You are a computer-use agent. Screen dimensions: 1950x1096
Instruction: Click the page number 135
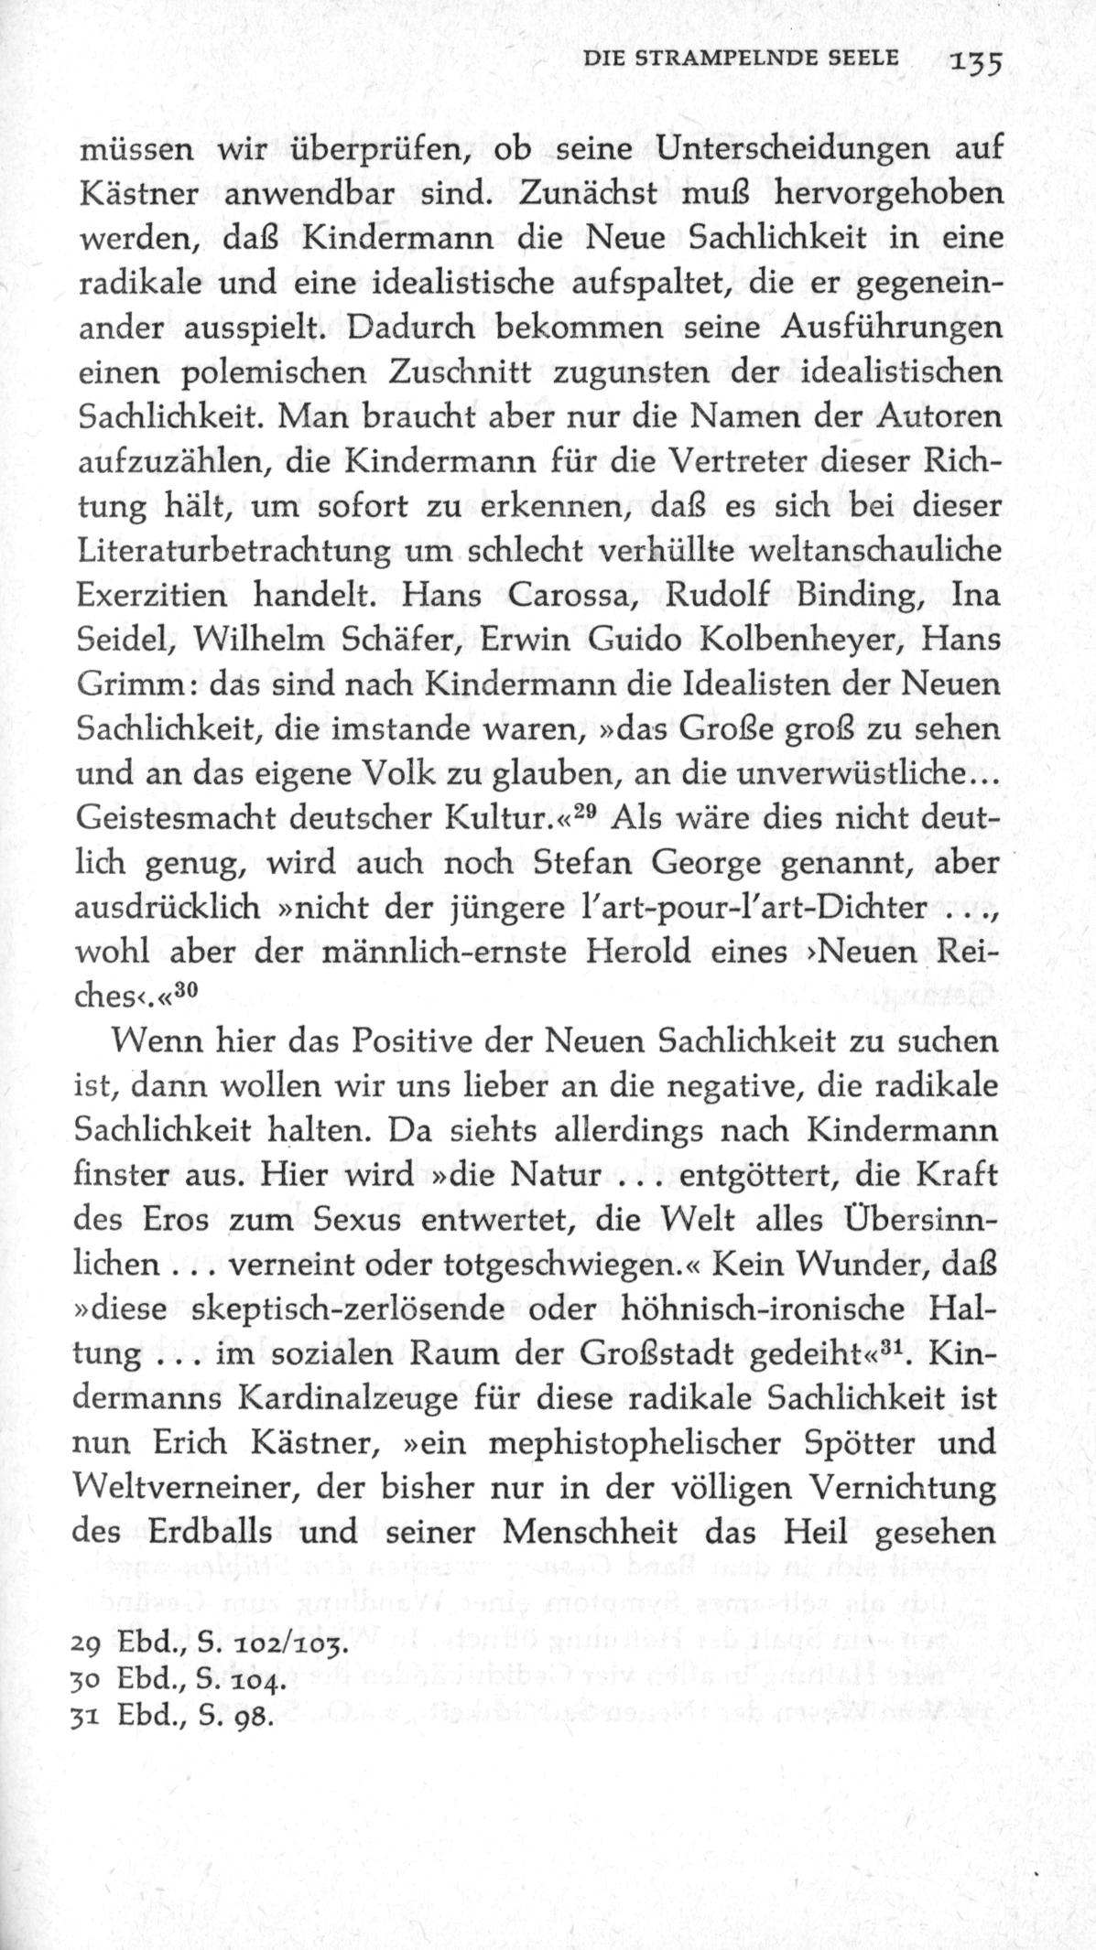point(978,63)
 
